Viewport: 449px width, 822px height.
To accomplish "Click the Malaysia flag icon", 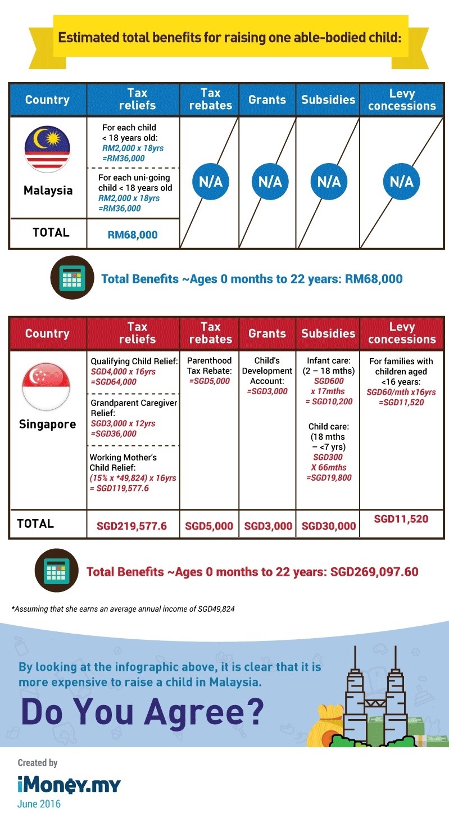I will pyautogui.click(x=47, y=150).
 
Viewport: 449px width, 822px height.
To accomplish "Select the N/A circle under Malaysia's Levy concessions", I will pyautogui.click(x=402, y=182).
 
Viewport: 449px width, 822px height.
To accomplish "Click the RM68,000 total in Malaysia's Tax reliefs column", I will pyautogui.click(x=133, y=234).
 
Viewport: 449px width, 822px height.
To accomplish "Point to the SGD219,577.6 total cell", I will pyautogui.click(x=133, y=526).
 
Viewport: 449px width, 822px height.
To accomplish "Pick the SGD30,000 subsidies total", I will pyautogui.click(x=329, y=526).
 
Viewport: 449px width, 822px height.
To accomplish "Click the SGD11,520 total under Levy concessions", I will pyautogui.click(x=401, y=519).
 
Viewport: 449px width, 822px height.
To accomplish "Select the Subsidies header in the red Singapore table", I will pyautogui.click(x=328, y=333).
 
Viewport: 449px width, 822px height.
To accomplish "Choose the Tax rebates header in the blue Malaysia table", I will pyautogui.click(x=210, y=100).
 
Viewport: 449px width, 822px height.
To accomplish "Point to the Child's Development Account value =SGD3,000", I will pyautogui.click(x=267, y=391).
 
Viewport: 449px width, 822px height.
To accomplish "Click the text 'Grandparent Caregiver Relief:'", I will pyautogui.click(x=133, y=408).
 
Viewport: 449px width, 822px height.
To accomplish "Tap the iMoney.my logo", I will pyautogui.click(x=69, y=785).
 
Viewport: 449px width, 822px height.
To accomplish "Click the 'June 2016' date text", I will pyautogui.click(x=39, y=804).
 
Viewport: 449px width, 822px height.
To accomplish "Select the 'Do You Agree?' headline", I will pyautogui.click(x=142, y=712).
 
